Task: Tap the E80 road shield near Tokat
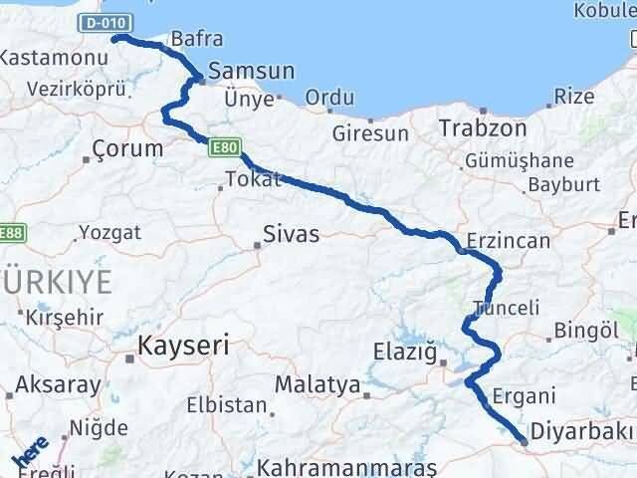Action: point(225,147)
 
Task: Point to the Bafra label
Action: point(196,40)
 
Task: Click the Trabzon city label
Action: point(484,129)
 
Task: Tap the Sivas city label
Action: point(291,234)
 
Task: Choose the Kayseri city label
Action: point(184,346)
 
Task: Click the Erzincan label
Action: point(509,242)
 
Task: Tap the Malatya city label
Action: point(318,384)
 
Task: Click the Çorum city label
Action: point(127,149)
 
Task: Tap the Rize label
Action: point(574,97)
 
